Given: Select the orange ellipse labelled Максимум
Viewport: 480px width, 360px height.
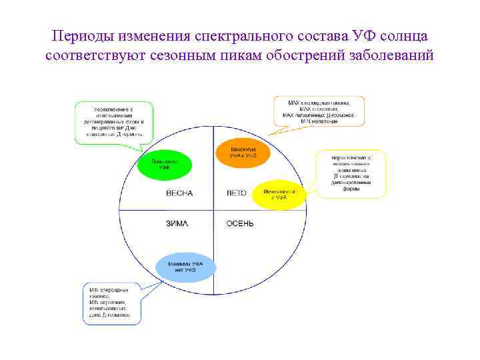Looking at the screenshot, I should pyautogui.click(x=243, y=153).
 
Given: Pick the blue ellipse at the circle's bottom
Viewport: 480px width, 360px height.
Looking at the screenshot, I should pyautogui.click(x=187, y=267).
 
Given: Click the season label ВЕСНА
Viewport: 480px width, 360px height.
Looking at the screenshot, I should pyautogui.click(x=179, y=193).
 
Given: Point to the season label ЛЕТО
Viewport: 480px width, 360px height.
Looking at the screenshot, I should pyautogui.click(x=237, y=193).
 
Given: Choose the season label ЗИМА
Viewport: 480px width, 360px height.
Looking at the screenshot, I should pyautogui.click(x=177, y=223).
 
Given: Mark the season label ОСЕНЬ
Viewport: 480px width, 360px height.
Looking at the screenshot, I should pyautogui.click(x=240, y=223).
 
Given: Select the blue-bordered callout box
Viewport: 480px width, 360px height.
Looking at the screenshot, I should pyautogui.click(x=115, y=301).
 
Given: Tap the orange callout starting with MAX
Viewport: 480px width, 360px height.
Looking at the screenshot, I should pyautogui.click(x=321, y=111).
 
